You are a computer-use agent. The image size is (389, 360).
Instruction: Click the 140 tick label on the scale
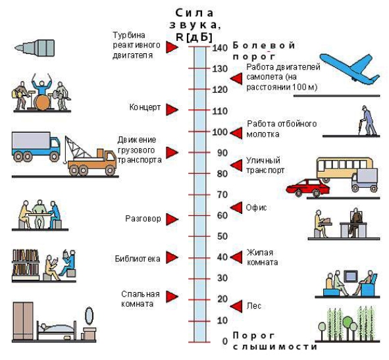[220, 47]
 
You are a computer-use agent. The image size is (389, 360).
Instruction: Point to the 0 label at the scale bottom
[224, 342]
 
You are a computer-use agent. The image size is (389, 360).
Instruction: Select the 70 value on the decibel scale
[222, 195]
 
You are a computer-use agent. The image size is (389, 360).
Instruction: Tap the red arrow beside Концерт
[172, 109]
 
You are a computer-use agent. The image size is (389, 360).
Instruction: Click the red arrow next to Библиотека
[172, 257]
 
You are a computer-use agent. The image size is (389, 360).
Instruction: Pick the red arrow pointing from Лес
[236, 306]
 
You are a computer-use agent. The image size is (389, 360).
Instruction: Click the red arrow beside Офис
[236, 208]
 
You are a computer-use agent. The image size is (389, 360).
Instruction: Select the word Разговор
[143, 219]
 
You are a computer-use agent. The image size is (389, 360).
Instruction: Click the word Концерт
[145, 107]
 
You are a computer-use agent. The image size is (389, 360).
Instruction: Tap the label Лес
[254, 305]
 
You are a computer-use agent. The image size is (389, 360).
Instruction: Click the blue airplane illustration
[350, 69]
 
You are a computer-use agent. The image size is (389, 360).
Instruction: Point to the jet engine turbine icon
[35, 47]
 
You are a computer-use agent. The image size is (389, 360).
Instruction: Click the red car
[307, 188]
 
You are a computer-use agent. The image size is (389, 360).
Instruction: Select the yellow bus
[345, 168]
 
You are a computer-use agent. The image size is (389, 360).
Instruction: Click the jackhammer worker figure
[367, 120]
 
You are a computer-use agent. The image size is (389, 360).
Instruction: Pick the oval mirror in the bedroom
[90, 316]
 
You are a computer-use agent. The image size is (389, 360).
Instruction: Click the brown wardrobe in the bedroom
[23, 321]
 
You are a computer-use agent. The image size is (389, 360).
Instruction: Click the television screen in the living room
[351, 276]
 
